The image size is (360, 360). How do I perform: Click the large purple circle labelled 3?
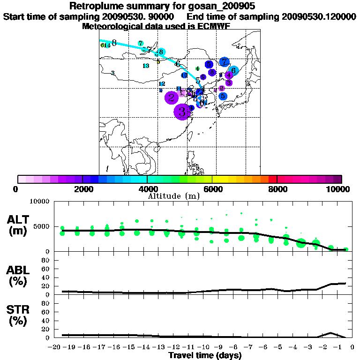pyautogui.click(x=182, y=112)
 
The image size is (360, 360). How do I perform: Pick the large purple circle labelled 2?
pyautogui.click(x=172, y=97)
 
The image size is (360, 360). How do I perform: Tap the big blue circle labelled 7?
pyautogui.click(x=225, y=62)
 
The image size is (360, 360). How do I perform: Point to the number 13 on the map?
pyautogui.click(x=146, y=66)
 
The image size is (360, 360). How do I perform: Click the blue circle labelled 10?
pyautogui.click(x=184, y=75)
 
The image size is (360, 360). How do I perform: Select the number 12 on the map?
pyautogui.click(x=162, y=83)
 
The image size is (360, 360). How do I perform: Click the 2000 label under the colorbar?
pyautogui.click(x=82, y=189)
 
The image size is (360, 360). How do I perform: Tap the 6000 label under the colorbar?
pyautogui.click(x=212, y=189)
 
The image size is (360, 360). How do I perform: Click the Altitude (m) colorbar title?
pyautogui.click(x=173, y=196)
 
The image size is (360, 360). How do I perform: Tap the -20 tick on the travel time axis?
pyautogui.click(x=55, y=347)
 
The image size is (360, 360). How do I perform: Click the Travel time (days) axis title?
pyautogui.click(x=205, y=356)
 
